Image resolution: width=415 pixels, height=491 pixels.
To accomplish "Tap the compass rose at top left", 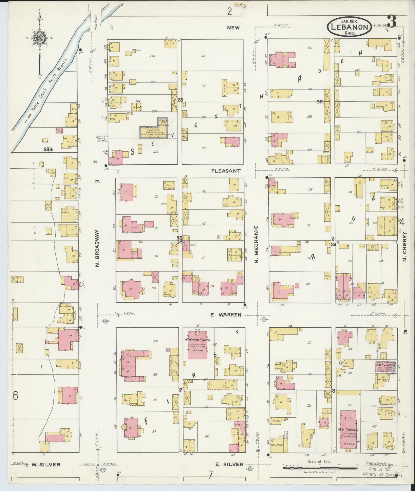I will click(40, 38).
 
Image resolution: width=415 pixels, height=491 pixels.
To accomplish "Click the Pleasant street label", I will click(226, 171).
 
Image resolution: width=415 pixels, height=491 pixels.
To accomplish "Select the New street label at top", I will click(234, 28).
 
